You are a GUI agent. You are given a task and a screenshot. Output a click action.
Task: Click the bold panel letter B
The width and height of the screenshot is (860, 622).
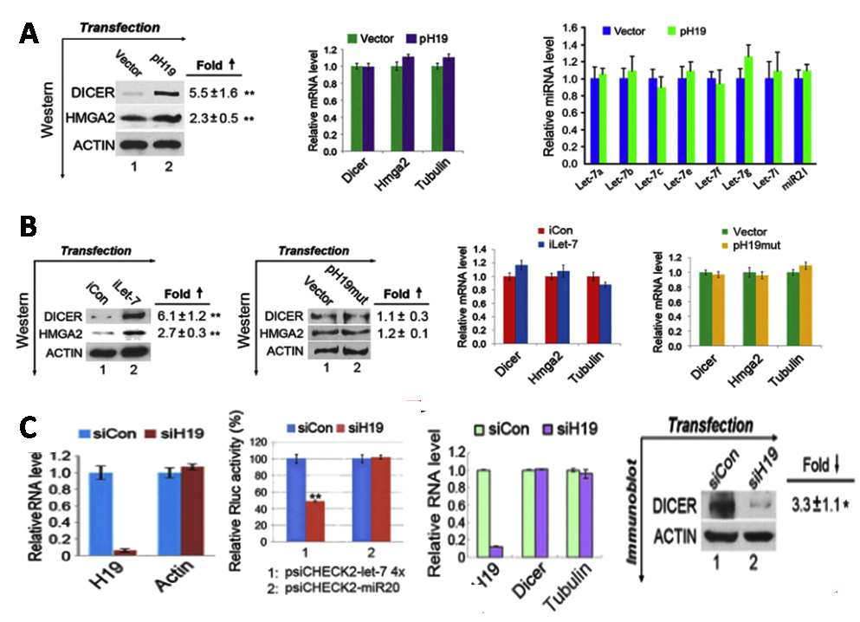coord(29,230)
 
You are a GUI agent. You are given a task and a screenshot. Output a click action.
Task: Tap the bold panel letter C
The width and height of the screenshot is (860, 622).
coord(29,428)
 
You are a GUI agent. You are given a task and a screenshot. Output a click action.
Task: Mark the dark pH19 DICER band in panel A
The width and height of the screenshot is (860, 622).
coord(161,90)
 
